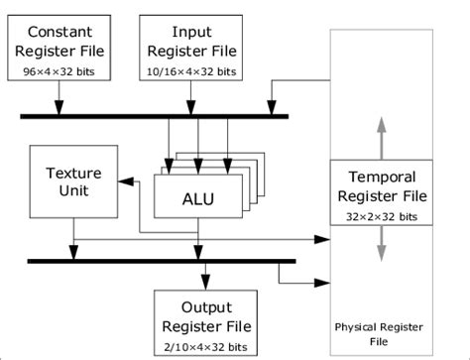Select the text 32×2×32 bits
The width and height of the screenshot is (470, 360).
coord(381,214)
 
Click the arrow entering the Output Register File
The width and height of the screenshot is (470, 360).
coord(205,278)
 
